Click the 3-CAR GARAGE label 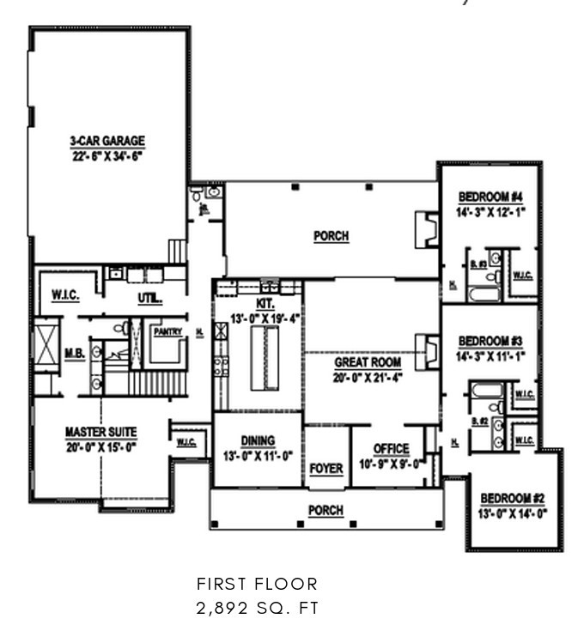[x=107, y=142]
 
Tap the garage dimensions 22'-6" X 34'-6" [x=107, y=156]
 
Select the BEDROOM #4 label [x=490, y=196]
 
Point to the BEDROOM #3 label [x=490, y=339]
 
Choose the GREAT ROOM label [x=368, y=362]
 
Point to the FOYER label [x=325, y=469]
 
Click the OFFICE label [x=392, y=449]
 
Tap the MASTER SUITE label [x=100, y=431]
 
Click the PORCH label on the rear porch [x=331, y=237]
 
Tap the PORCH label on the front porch [x=325, y=510]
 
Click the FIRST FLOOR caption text [x=257, y=585]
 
